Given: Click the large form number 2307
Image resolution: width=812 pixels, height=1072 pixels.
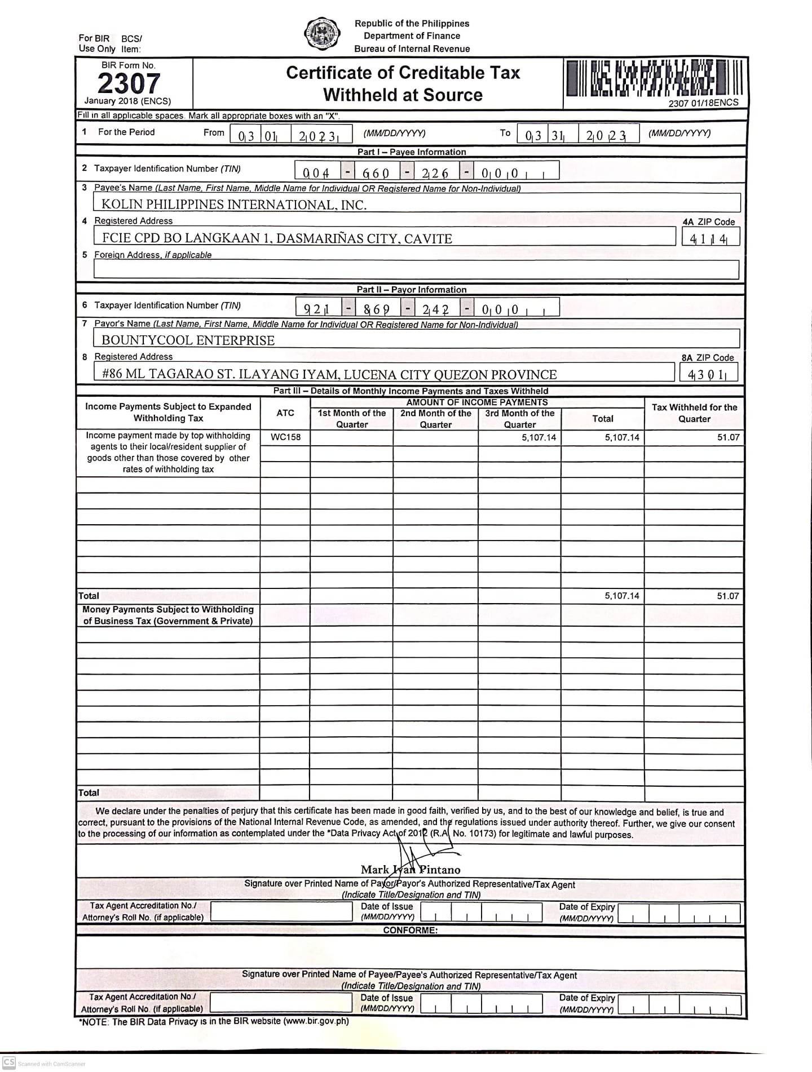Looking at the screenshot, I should [129, 83].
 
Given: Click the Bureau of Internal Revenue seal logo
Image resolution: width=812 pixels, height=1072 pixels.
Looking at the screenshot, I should [322, 34].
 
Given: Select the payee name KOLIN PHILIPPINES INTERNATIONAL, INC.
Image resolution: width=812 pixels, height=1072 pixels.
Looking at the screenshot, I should [233, 205].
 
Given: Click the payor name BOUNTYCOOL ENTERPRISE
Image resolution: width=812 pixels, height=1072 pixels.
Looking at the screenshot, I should [188, 340].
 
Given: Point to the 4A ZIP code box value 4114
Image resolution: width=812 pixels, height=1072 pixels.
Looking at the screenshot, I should [708, 238].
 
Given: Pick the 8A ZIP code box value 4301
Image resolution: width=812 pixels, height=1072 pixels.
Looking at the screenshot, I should [708, 374].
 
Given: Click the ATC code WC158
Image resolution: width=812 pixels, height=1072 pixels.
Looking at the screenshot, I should [285, 437].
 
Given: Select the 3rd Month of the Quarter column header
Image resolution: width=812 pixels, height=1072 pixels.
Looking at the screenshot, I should [519, 419].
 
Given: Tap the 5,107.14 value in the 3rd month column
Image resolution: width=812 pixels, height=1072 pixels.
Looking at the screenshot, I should [539, 437].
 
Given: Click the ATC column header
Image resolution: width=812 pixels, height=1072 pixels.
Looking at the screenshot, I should [285, 413].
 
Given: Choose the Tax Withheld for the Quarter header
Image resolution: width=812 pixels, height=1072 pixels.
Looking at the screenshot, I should [694, 413].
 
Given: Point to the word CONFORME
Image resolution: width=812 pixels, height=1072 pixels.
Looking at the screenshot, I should [410, 930].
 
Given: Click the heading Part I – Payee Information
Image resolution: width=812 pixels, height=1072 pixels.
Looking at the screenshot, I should [412, 152].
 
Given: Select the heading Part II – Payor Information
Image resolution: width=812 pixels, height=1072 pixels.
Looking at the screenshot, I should [412, 290].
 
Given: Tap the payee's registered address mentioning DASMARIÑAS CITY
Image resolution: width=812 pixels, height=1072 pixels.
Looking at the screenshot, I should [277, 238].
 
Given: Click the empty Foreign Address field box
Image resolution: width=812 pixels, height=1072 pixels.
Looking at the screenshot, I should [416, 269].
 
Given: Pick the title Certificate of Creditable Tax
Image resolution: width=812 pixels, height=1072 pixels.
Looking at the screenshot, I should [403, 73].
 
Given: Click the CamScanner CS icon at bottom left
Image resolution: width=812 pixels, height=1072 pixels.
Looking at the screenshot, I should [8, 1063].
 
